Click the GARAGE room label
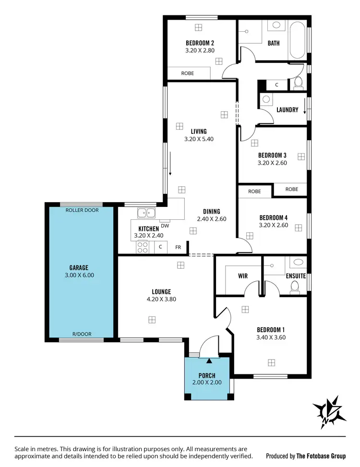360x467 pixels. click(79, 268)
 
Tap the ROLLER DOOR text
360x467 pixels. click(79, 210)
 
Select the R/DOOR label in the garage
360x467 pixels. click(82, 334)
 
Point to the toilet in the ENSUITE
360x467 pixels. click(295, 287)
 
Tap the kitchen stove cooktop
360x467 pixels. click(143, 247)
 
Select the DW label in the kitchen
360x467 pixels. click(165, 226)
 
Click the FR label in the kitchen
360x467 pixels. click(178, 247)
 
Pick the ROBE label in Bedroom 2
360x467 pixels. click(188, 73)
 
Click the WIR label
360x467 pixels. click(242, 276)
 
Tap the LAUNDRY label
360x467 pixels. click(288, 110)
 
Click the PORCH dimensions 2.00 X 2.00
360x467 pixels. click(207, 383)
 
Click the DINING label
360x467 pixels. click(211, 211)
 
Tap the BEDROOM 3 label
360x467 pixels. click(272, 155)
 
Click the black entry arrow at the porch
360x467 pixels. click(210, 360)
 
